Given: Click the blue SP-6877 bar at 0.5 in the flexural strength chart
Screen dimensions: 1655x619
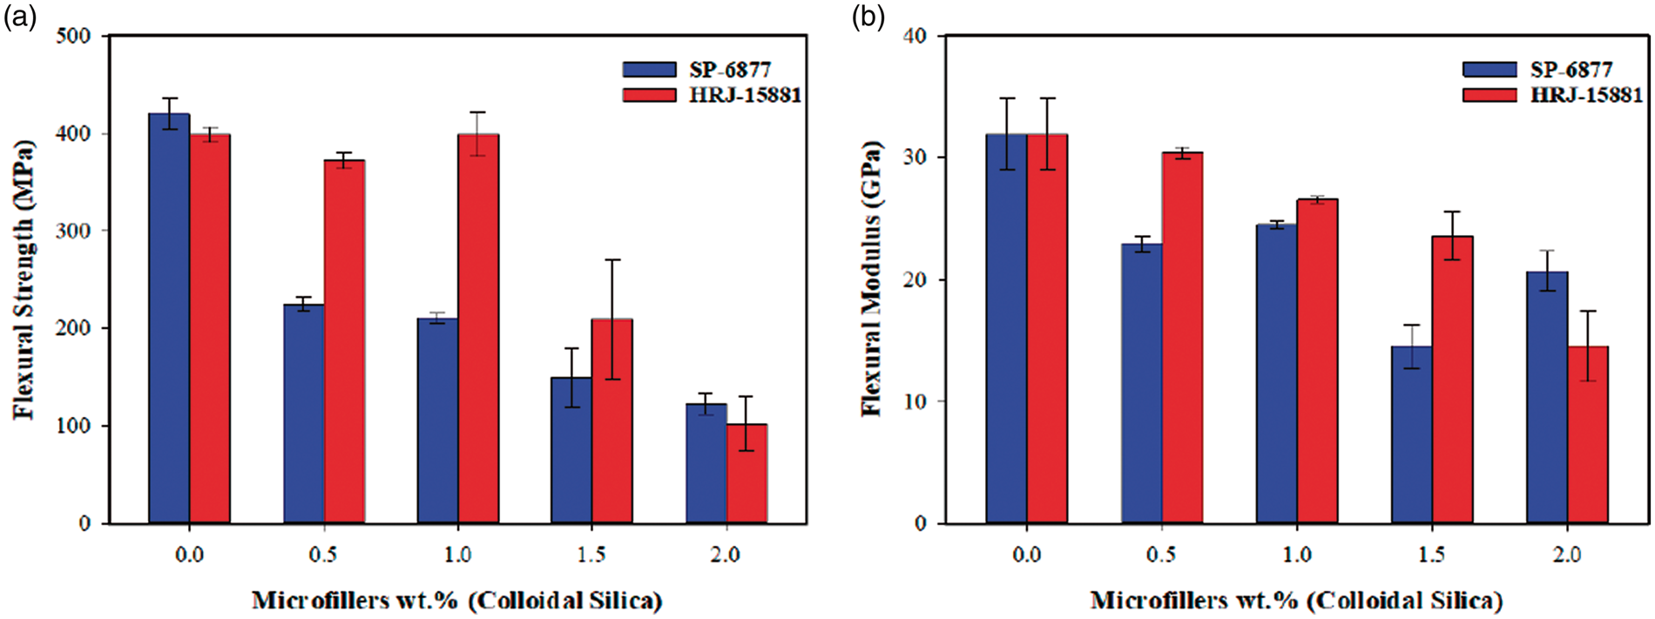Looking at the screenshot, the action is coord(304,414).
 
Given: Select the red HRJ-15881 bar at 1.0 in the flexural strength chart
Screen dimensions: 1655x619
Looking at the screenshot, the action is coord(478,328).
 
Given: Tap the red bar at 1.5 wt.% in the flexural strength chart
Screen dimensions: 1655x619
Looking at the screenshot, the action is coord(612,421).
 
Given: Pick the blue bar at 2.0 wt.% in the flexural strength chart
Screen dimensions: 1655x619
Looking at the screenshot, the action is coord(706,463).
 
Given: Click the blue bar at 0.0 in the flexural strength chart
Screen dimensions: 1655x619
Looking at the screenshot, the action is coord(169,319).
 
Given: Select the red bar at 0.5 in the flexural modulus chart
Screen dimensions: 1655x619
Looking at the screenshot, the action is coord(1182,338).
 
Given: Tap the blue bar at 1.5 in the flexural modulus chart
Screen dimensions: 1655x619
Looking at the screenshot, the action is coord(1411,434).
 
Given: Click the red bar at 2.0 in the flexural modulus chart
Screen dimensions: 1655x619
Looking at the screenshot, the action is coord(1588,434).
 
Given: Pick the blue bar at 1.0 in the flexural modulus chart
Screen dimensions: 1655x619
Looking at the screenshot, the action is coord(1276,373).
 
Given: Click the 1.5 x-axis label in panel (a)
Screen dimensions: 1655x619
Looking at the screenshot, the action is coord(591,555).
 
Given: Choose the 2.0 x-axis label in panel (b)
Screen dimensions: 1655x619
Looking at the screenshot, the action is coord(1567,555).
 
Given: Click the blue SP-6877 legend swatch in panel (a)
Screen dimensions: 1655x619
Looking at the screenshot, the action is coord(649,70).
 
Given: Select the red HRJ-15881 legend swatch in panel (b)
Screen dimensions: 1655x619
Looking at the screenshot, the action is coord(1489,94).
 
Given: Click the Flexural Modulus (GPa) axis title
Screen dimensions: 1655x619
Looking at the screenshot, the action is coord(871,279).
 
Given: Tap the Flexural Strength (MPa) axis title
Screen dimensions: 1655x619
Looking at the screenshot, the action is coord(24,279).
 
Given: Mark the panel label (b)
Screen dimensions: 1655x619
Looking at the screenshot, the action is coord(868,17).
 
